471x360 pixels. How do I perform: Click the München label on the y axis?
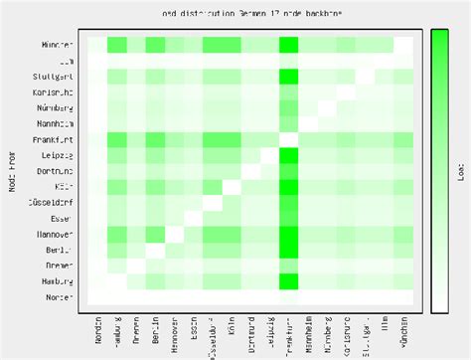tap(58, 45)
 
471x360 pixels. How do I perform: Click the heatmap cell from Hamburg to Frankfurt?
tap(289, 281)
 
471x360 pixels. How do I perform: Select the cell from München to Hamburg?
tap(116, 45)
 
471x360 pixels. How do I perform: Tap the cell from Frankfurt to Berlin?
tap(155, 139)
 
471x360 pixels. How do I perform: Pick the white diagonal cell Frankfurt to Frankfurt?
tap(289, 139)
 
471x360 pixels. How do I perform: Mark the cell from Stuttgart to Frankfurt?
tap(289, 76)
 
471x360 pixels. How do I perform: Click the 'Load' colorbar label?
tap(461, 171)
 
